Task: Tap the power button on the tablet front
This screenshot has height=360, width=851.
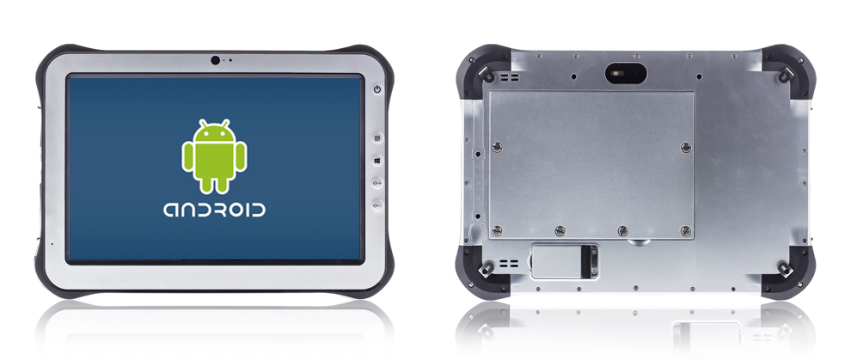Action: coord(377,89)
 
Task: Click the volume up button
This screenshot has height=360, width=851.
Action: coord(377,183)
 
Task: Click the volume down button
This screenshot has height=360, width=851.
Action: coord(377,206)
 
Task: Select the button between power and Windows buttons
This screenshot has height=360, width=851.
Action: coord(377,137)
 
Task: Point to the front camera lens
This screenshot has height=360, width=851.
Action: coord(216,60)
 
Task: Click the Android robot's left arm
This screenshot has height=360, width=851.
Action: coord(187,158)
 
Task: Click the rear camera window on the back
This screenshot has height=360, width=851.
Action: coord(626,73)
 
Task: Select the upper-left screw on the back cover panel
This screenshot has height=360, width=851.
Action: coord(497,146)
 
